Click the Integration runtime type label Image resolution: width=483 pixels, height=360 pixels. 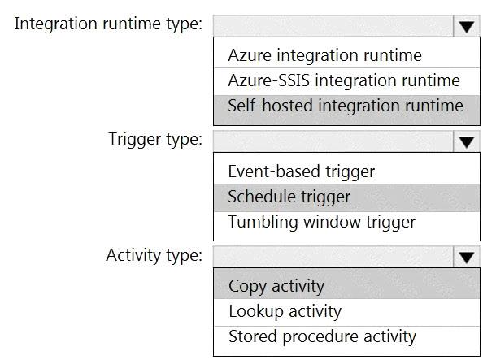click(x=108, y=24)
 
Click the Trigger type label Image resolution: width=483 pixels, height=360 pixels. click(x=155, y=140)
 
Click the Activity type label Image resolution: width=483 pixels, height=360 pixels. click(x=154, y=256)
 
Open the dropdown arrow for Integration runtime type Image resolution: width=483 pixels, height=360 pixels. click(x=467, y=27)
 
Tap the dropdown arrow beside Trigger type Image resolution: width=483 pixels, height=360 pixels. click(x=467, y=142)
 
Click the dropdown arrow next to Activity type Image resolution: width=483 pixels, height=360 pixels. click(x=467, y=258)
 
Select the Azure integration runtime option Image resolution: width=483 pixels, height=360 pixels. click(x=324, y=55)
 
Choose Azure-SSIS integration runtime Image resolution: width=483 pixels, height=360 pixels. click(x=344, y=80)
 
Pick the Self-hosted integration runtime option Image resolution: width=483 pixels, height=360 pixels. click(x=346, y=106)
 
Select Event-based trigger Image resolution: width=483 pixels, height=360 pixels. click(x=301, y=171)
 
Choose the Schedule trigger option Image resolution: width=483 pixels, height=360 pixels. click(x=289, y=197)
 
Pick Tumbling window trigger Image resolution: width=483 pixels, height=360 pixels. click(x=321, y=222)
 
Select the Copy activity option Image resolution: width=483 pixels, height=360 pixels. click(x=276, y=287)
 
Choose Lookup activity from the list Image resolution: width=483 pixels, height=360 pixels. click(x=285, y=312)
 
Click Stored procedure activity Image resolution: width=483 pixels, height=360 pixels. click(x=322, y=336)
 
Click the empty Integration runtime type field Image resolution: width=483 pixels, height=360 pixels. click(x=333, y=26)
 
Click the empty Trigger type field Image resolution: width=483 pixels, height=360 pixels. click(x=333, y=141)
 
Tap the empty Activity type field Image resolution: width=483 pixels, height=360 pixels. click(x=333, y=257)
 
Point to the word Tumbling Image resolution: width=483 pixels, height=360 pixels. click(x=263, y=222)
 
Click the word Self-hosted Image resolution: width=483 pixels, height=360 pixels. click(x=271, y=106)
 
